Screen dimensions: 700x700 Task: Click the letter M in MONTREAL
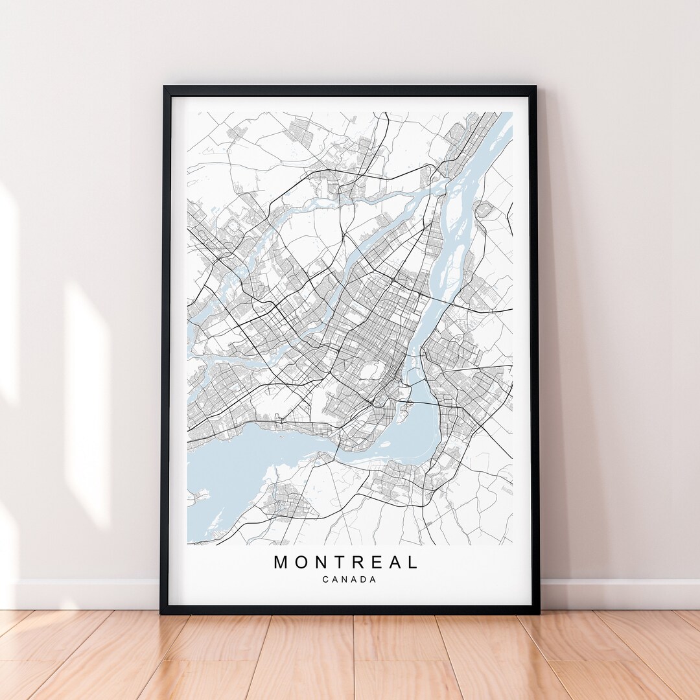(x=281, y=562)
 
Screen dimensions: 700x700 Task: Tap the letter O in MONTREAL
(x=300, y=562)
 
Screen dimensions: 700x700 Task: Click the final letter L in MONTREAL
(x=413, y=562)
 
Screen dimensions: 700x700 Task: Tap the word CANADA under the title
(x=349, y=579)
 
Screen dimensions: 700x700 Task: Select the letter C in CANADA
(x=325, y=579)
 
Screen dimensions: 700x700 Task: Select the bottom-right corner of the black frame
(x=537, y=611)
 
